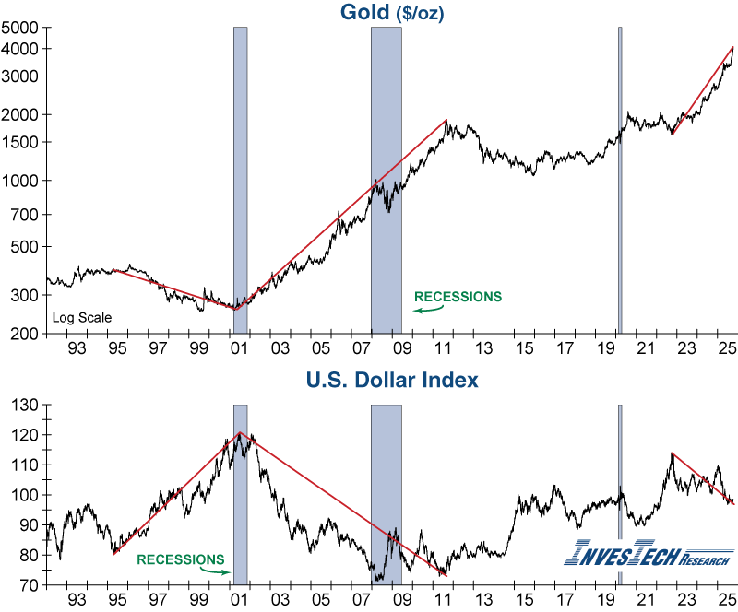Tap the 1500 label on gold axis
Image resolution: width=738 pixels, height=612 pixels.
[23, 142]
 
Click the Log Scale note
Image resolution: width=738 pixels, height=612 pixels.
[82, 318]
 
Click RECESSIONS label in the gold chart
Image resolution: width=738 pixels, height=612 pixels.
[458, 297]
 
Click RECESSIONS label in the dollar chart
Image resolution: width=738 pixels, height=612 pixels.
[180, 559]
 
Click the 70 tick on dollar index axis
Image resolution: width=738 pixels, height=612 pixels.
[30, 585]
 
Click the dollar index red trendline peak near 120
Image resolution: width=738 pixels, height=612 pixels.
[240, 432]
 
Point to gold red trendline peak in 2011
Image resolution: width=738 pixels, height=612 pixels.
[446, 120]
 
